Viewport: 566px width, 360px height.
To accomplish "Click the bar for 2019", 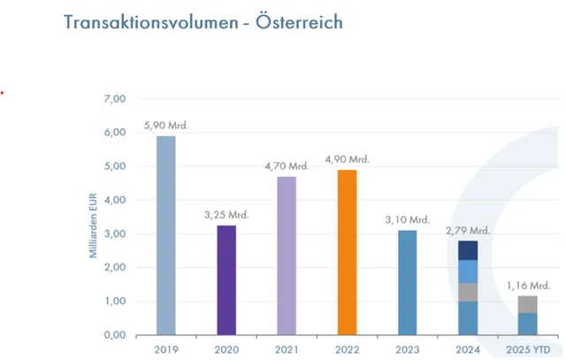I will [166, 235].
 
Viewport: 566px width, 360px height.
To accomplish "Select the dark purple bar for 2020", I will [227, 280].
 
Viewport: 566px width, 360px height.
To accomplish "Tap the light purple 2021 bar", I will [287, 256].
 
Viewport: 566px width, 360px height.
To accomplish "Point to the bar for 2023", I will [408, 282].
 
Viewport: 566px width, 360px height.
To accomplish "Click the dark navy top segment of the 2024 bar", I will [469, 250].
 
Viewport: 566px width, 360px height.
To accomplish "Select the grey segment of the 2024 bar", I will [469, 292].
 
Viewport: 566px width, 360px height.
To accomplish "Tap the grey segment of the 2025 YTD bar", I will [528, 304].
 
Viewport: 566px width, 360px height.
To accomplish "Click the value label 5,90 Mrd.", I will [166, 126].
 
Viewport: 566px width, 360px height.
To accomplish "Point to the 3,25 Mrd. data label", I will [226, 215].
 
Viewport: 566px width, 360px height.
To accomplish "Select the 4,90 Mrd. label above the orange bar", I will [346, 159].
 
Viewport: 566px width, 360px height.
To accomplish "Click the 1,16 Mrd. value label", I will [528, 286].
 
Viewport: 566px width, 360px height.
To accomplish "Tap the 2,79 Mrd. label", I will [469, 231].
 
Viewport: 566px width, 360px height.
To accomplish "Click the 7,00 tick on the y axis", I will [115, 98].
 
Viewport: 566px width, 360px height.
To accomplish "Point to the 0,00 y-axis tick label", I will [115, 335].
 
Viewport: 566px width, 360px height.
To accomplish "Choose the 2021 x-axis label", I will [287, 349].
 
